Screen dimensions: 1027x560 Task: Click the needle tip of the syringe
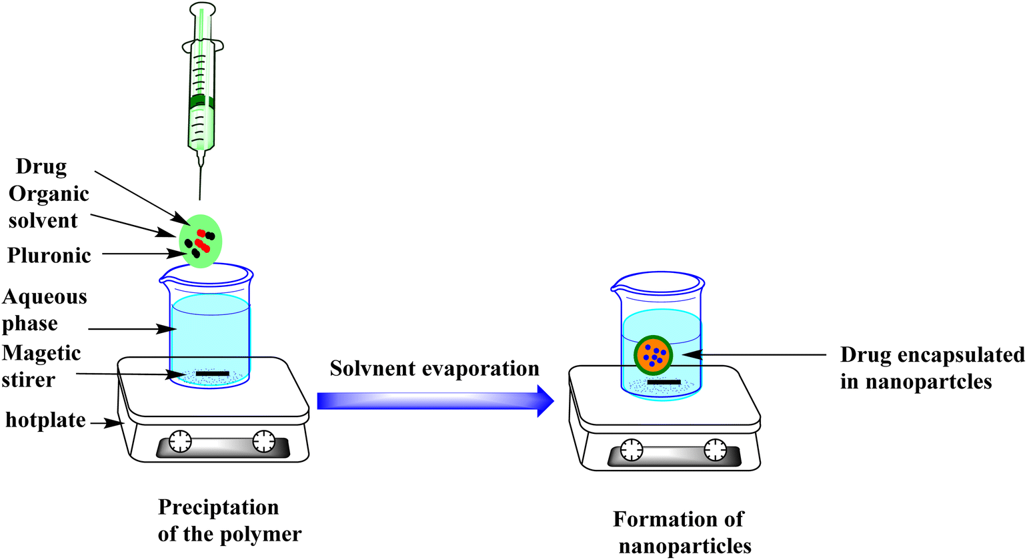pos(200,199)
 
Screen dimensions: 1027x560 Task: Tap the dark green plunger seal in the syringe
pos(201,101)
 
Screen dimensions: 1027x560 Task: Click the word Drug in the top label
pos(41,167)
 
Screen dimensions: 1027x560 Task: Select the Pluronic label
pos(49,256)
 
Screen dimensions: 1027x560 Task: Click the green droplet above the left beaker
pos(200,241)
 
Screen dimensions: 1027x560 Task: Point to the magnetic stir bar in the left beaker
pos(212,374)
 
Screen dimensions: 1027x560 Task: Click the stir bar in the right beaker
pos(664,382)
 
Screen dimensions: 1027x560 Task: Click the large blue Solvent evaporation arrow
pos(435,401)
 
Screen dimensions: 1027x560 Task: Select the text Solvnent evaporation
pos(434,368)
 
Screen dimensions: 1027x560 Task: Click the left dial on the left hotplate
pos(180,441)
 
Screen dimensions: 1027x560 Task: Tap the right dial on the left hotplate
pos(263,441)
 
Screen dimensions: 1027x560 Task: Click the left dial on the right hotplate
pos(632,450)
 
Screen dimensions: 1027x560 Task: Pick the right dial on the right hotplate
pos(715,450)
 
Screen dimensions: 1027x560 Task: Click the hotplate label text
pos(45,420)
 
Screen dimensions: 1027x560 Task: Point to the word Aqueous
pos(45,298)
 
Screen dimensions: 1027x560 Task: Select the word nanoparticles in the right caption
pos(685,546)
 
